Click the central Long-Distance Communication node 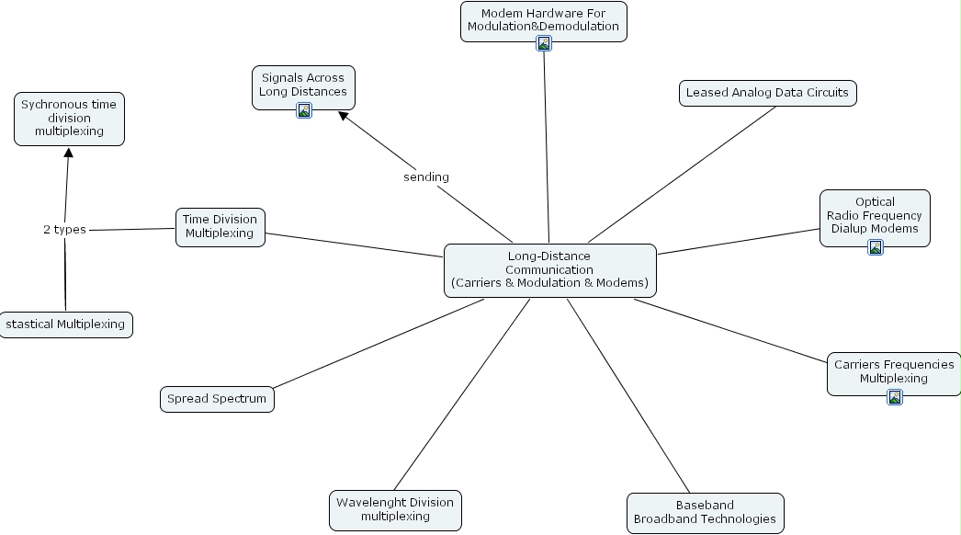[549, 269]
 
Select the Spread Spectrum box [217, 399]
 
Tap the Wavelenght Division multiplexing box [395, 509]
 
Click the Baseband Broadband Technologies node [705, 512]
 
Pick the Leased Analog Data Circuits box [767, 93]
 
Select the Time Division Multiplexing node [220, 226]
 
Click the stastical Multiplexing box [65, 324]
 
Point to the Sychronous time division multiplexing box [69, 119]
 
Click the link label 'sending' [426, 176]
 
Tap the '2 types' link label [64, 230]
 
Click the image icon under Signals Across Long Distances [304, 110]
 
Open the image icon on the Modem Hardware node [544, 43]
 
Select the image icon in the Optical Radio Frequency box [876, 246]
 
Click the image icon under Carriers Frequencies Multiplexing [895, 396]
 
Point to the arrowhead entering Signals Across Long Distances [345, 116]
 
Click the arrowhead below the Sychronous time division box [68, 153]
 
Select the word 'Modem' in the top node [499, 13]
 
